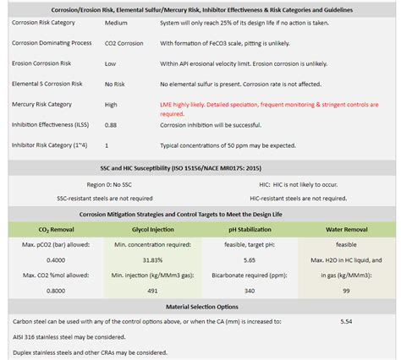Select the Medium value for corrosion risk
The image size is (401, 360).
point(117,25)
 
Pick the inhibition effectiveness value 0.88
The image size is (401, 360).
point(111,125)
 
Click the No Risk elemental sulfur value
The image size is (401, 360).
point(118,84)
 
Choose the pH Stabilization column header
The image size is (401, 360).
point(250,229)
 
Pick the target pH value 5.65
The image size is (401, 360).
point(250,260)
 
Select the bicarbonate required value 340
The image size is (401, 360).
point(250,291)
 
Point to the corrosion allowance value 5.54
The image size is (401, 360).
point(345,322)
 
